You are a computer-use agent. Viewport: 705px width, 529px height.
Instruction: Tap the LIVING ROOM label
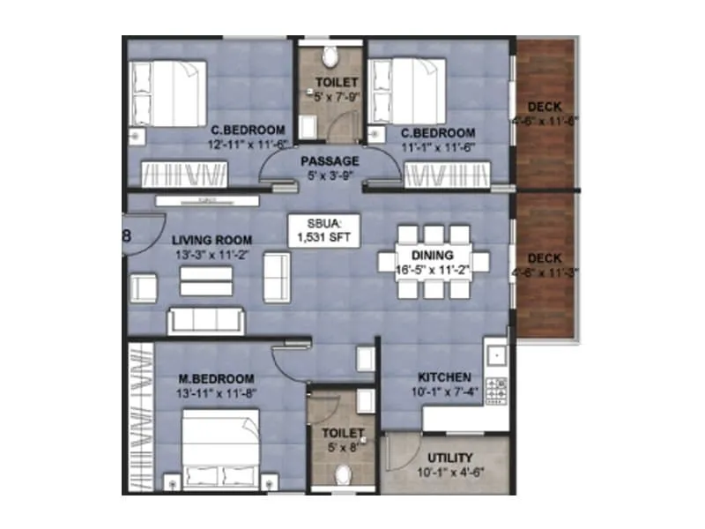(212, 240)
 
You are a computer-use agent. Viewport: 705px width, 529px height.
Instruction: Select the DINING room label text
(433, 254)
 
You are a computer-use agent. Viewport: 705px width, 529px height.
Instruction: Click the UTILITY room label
(450, 458)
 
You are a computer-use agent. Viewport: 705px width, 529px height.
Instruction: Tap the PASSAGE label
(330, 161)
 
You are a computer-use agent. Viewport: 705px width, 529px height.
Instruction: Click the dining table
(433, 262)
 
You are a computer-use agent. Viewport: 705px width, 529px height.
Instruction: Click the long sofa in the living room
(205, 320)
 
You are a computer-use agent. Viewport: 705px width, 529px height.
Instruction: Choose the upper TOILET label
(330, 83)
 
